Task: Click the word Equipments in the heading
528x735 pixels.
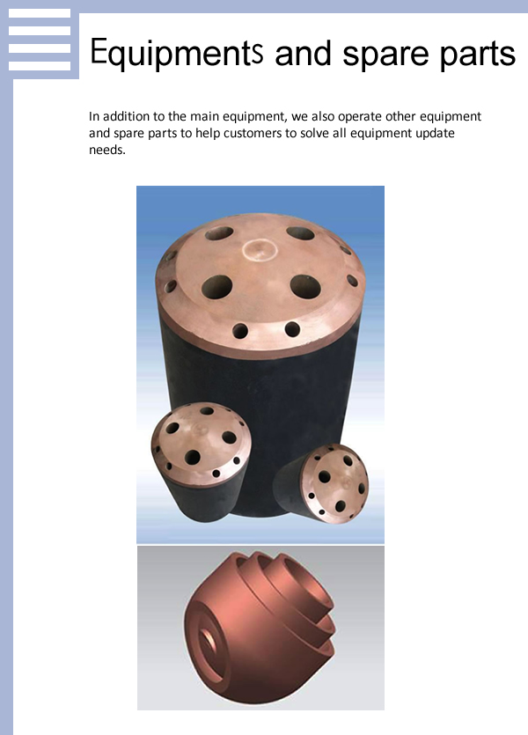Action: (x=177, y=53)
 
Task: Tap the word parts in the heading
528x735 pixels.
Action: (x=478, y=55)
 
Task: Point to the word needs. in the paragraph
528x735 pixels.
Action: (x=107, y=150)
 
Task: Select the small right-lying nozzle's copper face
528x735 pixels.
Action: (x=334, y=483)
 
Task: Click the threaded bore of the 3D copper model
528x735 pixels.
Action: (x=209, y=641)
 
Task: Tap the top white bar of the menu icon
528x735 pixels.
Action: (x=40, y=13)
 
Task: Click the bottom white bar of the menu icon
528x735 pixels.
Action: (x=40, y=66)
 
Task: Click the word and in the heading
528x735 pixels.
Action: (x=303, y=54)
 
